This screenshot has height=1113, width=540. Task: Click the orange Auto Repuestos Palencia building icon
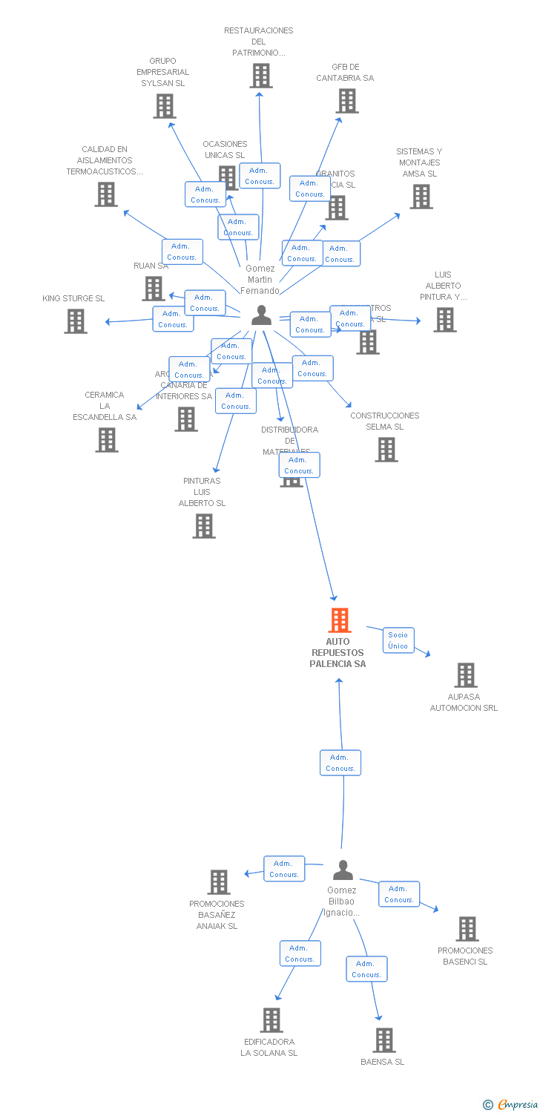339,620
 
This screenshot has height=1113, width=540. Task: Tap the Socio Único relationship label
398,640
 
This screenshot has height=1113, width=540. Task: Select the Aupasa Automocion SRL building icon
465,675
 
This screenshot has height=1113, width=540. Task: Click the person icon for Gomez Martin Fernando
261,315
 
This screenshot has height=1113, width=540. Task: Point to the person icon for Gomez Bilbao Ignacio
343,870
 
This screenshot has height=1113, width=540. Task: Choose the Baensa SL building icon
383,1040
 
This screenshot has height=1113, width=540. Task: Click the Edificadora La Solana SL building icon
271,1020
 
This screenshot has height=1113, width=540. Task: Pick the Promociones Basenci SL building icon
467,929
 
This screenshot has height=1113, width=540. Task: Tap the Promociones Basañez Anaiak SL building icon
219,882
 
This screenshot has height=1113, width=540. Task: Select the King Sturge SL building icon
76,321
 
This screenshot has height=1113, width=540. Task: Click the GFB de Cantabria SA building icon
346,101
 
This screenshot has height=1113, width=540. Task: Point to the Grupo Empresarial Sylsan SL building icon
165,106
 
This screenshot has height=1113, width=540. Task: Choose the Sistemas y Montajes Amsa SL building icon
421,197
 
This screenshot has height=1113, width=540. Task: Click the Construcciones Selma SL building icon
386,450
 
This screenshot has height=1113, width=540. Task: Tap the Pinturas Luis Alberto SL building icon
204,526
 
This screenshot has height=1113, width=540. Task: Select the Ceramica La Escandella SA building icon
107,440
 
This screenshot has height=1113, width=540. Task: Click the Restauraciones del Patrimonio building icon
260,76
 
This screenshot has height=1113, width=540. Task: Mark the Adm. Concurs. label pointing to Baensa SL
366,969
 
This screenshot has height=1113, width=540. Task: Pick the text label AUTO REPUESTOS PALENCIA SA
337,652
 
